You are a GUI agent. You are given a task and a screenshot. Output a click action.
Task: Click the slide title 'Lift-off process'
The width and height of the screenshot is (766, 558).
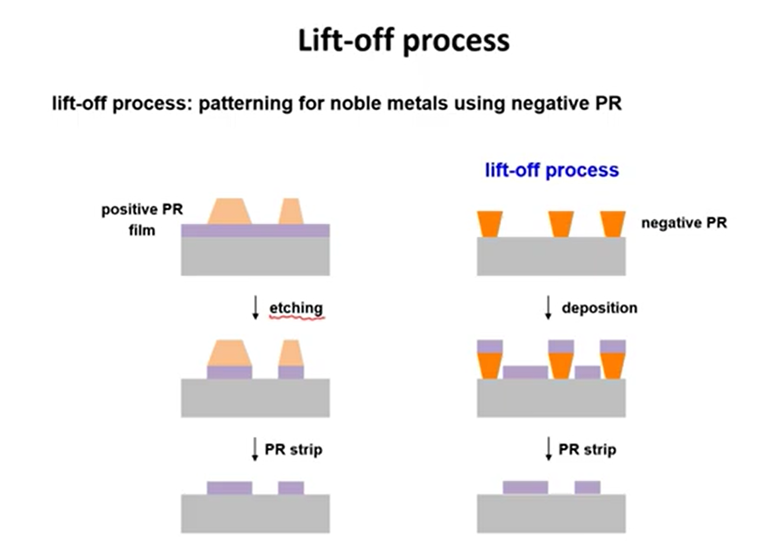tap(404, 41)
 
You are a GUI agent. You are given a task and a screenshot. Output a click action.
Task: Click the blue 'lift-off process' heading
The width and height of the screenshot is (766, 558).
tap(551, 170)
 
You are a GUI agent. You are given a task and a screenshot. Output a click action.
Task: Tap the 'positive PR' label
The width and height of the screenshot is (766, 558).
tap(142, 209)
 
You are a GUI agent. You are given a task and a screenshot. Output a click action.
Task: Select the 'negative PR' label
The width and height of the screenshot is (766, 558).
tap(684, 222)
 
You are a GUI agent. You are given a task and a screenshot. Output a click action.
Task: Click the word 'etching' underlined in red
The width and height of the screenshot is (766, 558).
tap(296, 308)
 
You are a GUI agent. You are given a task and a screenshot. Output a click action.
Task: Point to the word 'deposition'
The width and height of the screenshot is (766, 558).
tap(599, 308)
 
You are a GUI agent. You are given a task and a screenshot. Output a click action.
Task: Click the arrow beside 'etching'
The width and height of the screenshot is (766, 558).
tap(256, 308)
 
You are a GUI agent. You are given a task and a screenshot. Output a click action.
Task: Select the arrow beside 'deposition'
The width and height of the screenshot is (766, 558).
tap(548, 308)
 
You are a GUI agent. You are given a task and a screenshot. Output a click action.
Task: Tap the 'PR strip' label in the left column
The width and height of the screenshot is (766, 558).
tap(293, 449)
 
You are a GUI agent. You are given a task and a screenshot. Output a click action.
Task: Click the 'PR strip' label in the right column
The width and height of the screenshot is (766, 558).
tap(587, 449)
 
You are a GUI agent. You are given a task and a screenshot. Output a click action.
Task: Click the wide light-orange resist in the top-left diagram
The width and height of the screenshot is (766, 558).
tap(229, 211)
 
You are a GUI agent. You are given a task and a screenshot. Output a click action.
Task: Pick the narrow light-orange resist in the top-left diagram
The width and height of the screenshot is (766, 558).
tap(291, 211)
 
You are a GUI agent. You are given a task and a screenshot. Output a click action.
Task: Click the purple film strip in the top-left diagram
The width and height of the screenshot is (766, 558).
tap(255, 231)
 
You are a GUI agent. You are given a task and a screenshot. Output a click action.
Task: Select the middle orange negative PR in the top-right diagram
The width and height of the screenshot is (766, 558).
tap(561, 224)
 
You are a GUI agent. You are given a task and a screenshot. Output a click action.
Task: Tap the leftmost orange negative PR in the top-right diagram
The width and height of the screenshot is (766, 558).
tap(489, 224)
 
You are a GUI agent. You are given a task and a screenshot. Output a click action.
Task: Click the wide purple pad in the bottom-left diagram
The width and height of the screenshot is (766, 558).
tap(229, 488)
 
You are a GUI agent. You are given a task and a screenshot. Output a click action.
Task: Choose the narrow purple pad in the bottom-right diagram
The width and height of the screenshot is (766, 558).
tap(587, 487)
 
